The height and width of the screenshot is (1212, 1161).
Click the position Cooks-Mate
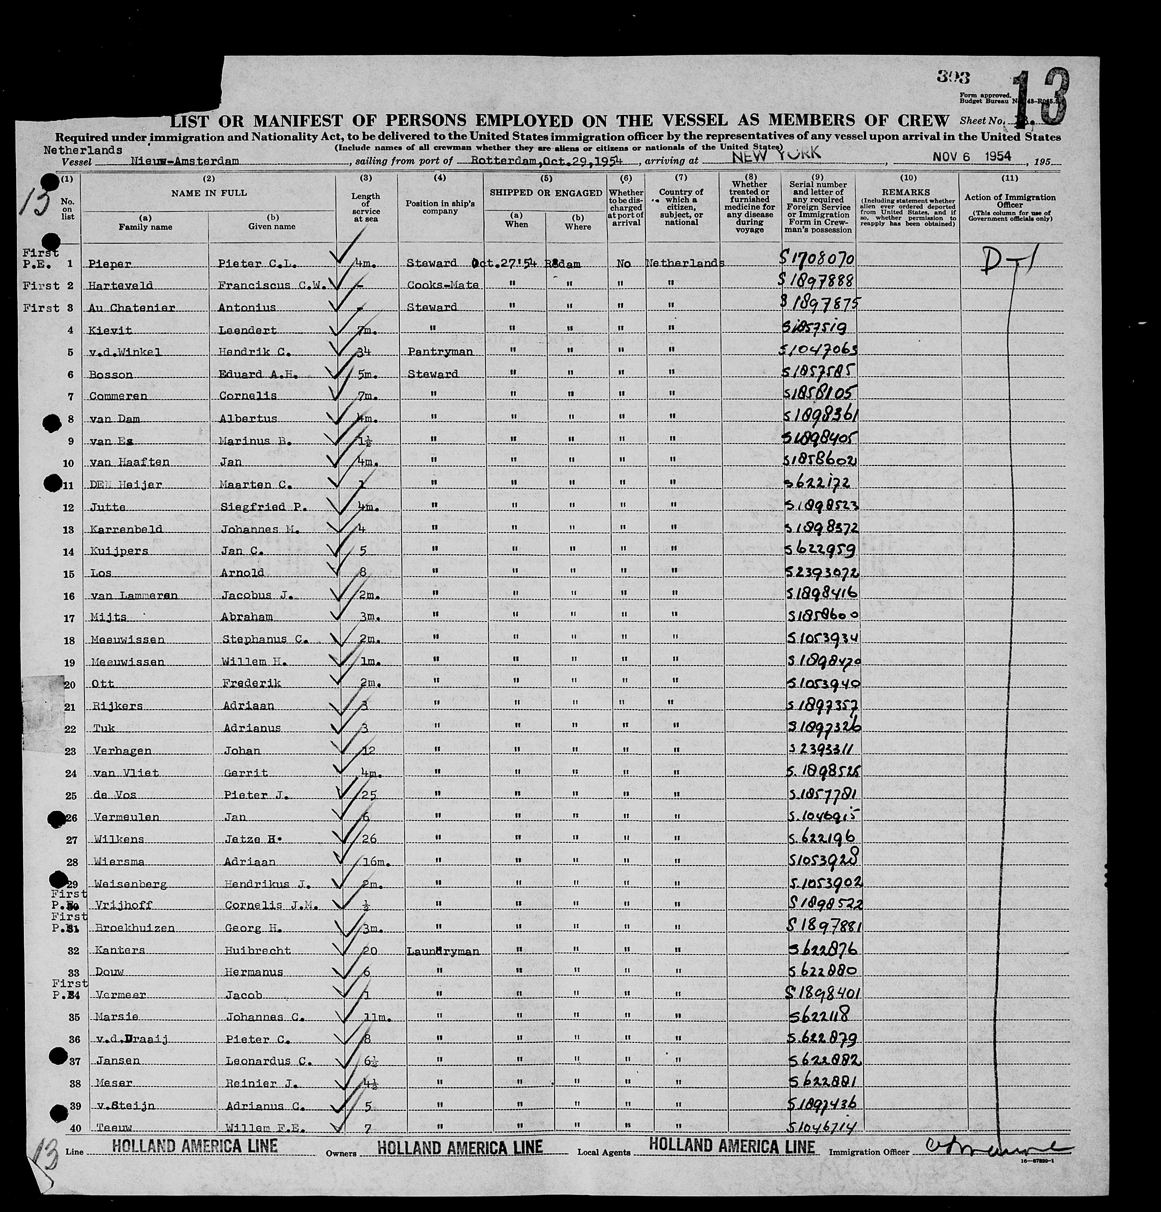[442, 285]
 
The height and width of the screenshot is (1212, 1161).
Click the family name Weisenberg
[131, 884]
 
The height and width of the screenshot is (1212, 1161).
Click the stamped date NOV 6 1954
[972, 157]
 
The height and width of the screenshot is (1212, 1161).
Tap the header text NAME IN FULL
[209, 193]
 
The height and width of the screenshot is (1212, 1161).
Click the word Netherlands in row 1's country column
[684, 264]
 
